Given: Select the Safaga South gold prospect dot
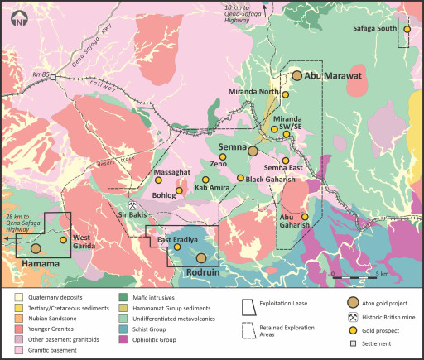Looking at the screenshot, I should (x=407, y=30).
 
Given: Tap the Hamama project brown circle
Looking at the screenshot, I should (x=36, y=247).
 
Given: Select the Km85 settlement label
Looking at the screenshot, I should (x=41, y=76).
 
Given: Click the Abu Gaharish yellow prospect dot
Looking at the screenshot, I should (x=305, y=218).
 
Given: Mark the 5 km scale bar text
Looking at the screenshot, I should (x=383, y=273).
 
